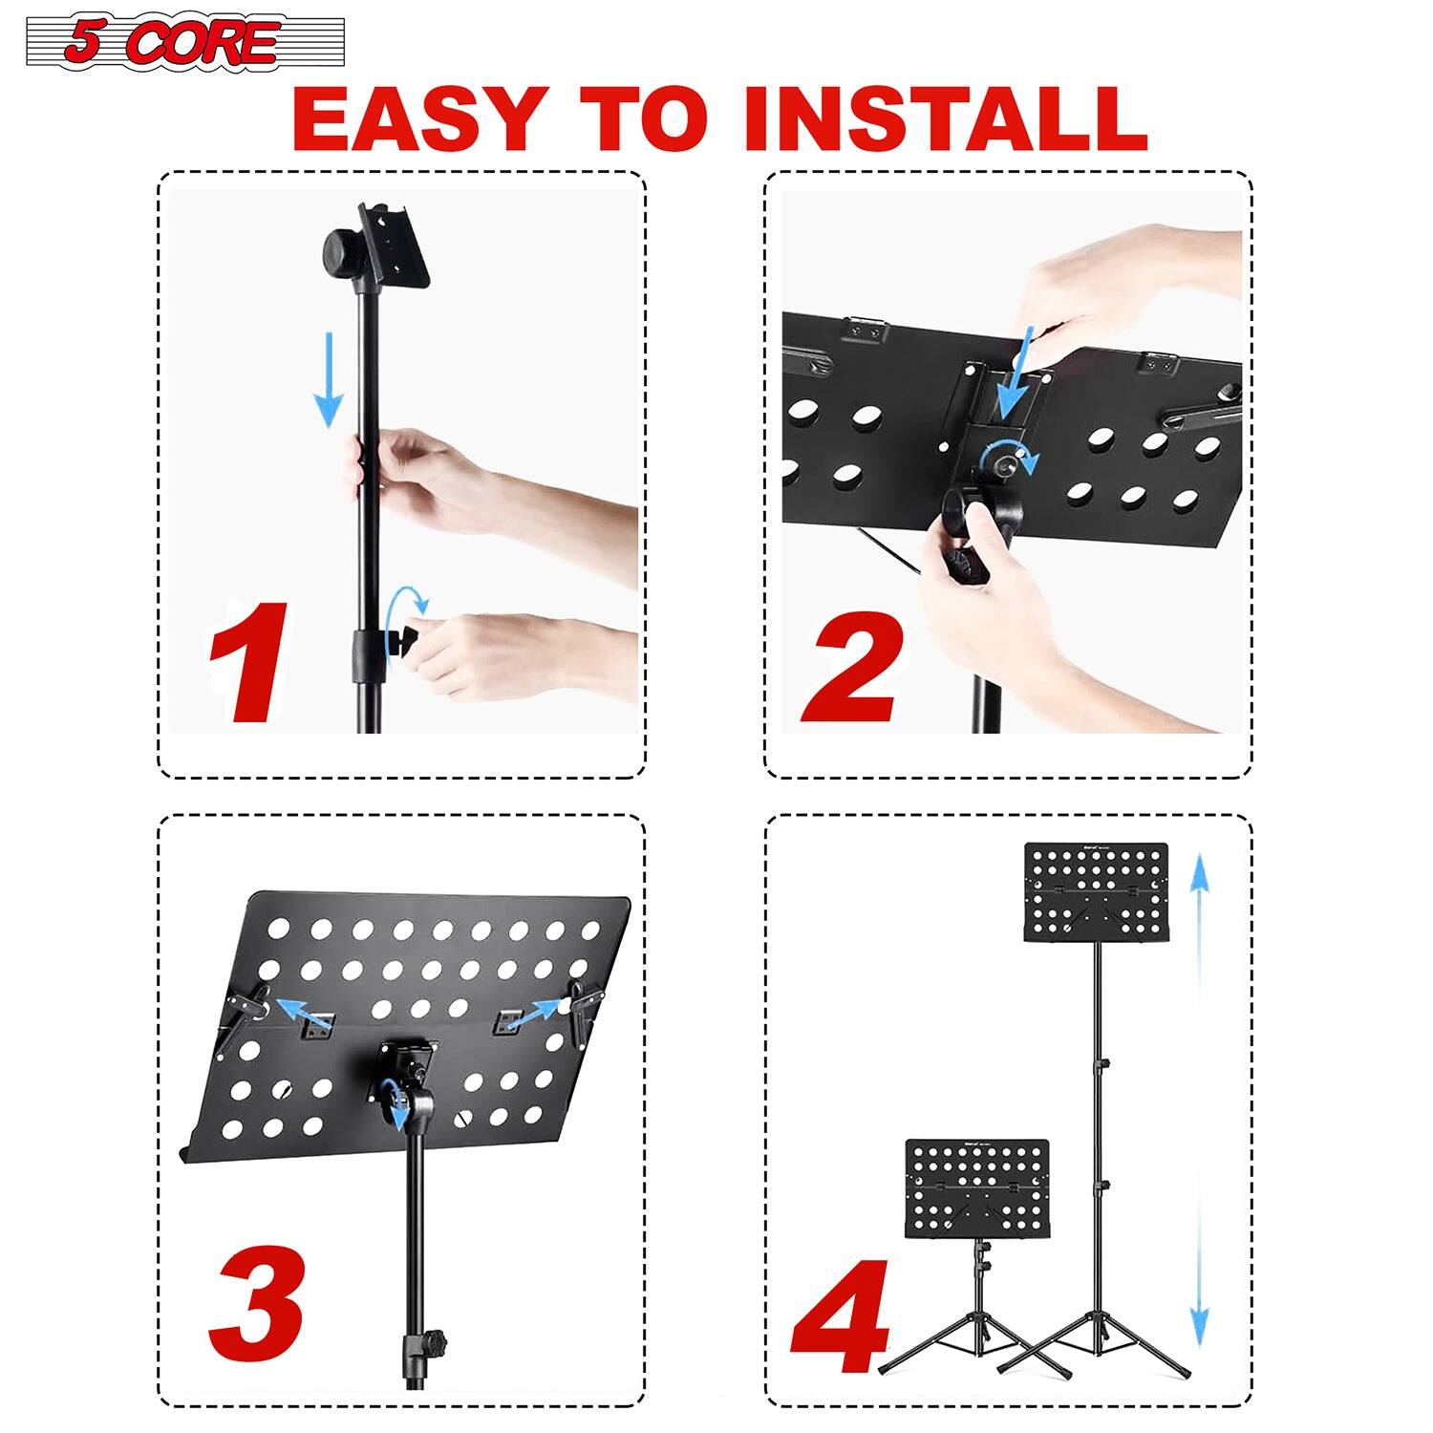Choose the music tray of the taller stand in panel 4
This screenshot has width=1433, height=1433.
[x=1096, y=890]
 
